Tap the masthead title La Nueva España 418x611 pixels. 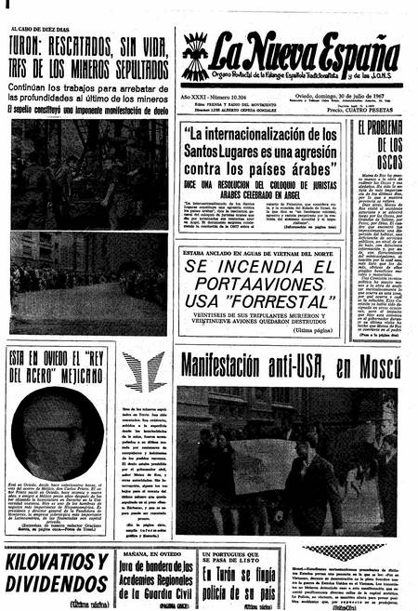pyautogui.click(x=303, y=55)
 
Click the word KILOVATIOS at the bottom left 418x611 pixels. pyautogui.click(x=57, y=563)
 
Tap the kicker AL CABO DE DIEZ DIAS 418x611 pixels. pyautogui.click(x=47, y=29)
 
